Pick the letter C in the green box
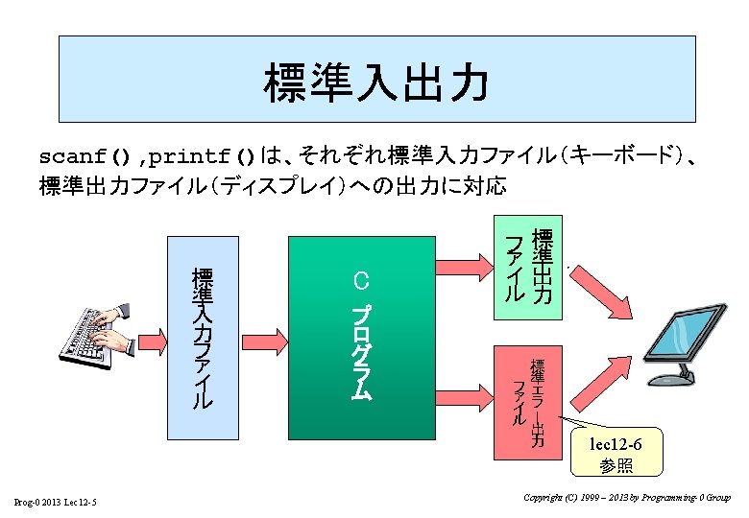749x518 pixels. tap(361, 281)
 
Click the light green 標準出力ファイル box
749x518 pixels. tap(529, 268)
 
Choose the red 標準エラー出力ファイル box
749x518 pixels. tap(527, 401)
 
